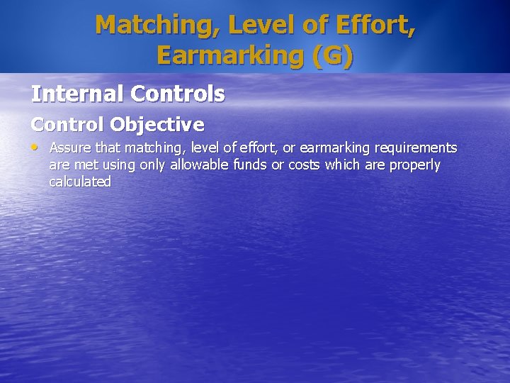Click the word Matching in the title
pos(149,25)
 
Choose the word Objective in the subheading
pos(157,125)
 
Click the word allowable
pos(200,165)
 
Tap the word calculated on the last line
pos(80,182)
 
